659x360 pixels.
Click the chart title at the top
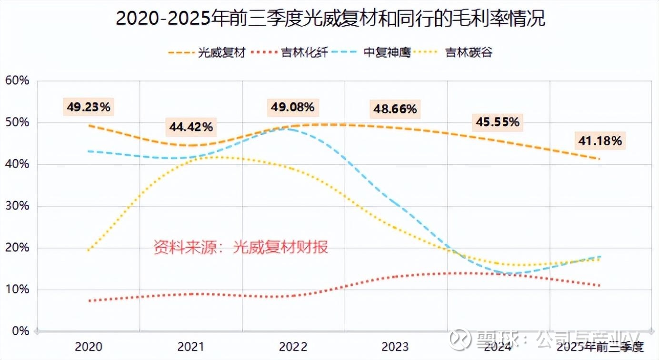[x=330, y=20]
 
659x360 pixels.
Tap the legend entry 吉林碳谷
[x=469, y=52]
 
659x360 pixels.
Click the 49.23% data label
[x=89, y=107]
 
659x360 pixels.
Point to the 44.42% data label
[x=191, y=127]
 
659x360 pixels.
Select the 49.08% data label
[x=292, y=107]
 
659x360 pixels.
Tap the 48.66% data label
[x=395, y=110]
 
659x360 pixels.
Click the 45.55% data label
[x=497, y=122]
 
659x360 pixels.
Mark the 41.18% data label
[x=599, y=140]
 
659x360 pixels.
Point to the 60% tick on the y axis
[x=17, y=81]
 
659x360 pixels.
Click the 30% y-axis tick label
[x=17, y=206]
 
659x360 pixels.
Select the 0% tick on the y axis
[x=20, y=331]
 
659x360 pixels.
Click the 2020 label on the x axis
[x=89, y=347]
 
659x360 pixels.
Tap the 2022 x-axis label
[x=293, y=347]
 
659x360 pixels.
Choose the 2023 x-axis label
[x=395, y=347]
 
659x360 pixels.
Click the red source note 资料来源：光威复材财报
[x=241, y=247]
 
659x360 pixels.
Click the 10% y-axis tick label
[x=17, y=290]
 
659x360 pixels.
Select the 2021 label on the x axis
[x=191, y=347]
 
